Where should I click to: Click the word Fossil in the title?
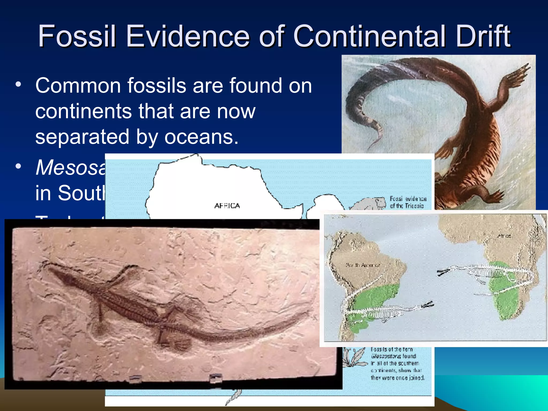[x=77, y=36]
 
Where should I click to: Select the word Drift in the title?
[x=483, y=36]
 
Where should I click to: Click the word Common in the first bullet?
[x=78, y=86]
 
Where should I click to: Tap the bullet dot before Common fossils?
[x=18, y=84]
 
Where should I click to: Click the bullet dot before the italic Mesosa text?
[x=18, y=166]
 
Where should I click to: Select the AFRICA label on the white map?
[x=227, y=206]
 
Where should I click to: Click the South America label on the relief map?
[x=363, y=265]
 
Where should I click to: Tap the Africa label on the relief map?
[x=504, y=236]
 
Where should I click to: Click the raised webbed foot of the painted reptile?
[x=519, y=72]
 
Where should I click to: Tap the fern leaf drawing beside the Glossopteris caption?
[x=355, y=357]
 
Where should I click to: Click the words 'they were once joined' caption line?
[x=397, y=378]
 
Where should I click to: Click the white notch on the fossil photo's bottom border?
[x=215, y=378]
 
